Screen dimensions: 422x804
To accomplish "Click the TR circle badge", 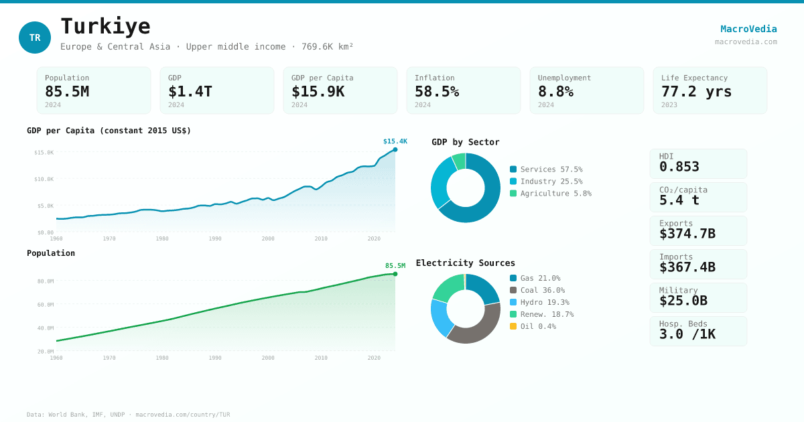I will click(35, 38).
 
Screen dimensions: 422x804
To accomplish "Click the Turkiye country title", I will click(105, 26).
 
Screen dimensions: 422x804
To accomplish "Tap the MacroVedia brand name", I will click(748, 29).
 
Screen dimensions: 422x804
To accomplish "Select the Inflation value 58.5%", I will click(436, 91).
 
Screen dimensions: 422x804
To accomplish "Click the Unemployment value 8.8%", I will click(555, 91).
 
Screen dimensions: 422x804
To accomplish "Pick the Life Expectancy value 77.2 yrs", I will click(696, 91).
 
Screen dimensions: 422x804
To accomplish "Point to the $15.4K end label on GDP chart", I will click(395, 141).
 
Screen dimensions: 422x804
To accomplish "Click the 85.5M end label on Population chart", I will click(395, 266).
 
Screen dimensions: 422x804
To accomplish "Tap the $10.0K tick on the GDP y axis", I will click(44, 179).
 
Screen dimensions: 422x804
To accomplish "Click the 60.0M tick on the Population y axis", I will click(46, 305).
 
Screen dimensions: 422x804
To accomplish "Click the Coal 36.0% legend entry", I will click(542, 290).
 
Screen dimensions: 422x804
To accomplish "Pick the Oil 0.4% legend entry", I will click(537, 326).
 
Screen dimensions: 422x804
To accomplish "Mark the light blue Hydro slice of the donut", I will click(440, 318).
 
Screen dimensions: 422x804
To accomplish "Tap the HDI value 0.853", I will click(679, 167).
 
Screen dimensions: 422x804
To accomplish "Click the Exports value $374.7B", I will click(687, 234).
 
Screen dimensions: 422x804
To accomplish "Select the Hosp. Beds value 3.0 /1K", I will click(687, 334).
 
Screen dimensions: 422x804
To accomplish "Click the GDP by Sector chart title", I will click(465, 142).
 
